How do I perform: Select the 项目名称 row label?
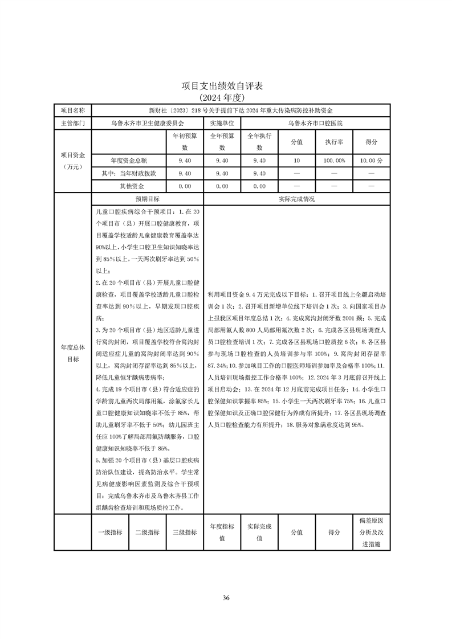[x=72, y=110]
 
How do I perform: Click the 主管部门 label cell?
[x=72, y=123]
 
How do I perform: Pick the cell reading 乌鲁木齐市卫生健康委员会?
[x=147, y=123]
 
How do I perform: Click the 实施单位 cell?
[x=222, y=123]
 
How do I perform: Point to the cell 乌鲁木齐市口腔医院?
[x=315, y=123]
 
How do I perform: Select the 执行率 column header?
[x=334, y=142]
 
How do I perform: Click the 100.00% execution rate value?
[x=334, y=161]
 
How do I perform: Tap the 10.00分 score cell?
[x=371, y=161]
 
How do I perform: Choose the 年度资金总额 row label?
[x=128, y=161]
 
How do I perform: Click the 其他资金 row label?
[x=128, y=186]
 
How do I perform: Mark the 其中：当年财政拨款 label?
[x=128, y=173]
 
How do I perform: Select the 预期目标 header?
[x=147, y=199]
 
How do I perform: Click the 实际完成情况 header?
[x=296, y=199]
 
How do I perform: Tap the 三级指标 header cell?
[x=184, y=532]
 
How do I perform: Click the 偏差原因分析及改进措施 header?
[x=371, y=532]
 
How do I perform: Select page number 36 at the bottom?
[x=226, y=597]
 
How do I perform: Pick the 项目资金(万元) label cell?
[x=72, y=161]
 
